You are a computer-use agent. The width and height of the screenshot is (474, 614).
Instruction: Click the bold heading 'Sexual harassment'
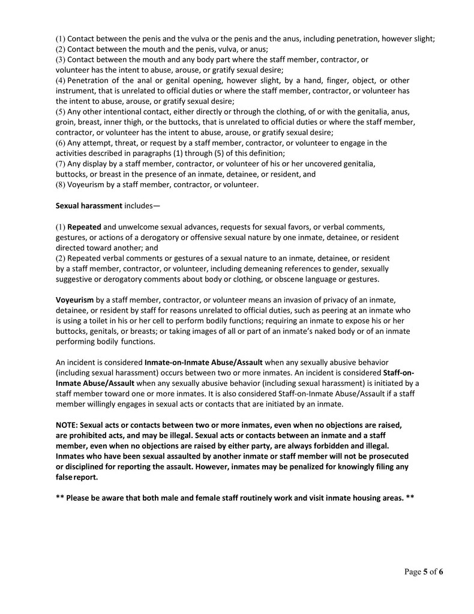(89, 205)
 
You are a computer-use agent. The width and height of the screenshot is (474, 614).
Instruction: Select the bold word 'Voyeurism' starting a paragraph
(74, 299)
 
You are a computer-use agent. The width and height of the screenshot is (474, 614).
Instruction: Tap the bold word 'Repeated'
(84, 227)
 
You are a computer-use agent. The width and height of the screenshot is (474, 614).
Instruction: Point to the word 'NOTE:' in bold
(67, 425)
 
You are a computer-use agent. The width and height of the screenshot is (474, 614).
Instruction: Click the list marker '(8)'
(61, 184)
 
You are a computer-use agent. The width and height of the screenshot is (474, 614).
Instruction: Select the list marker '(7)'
(61, 163)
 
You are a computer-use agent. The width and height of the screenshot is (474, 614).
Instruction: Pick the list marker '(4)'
(61, 80)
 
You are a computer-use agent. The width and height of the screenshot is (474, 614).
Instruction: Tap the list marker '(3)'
(61, 59)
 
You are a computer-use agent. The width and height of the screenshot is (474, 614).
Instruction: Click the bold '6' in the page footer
(440, 571)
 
